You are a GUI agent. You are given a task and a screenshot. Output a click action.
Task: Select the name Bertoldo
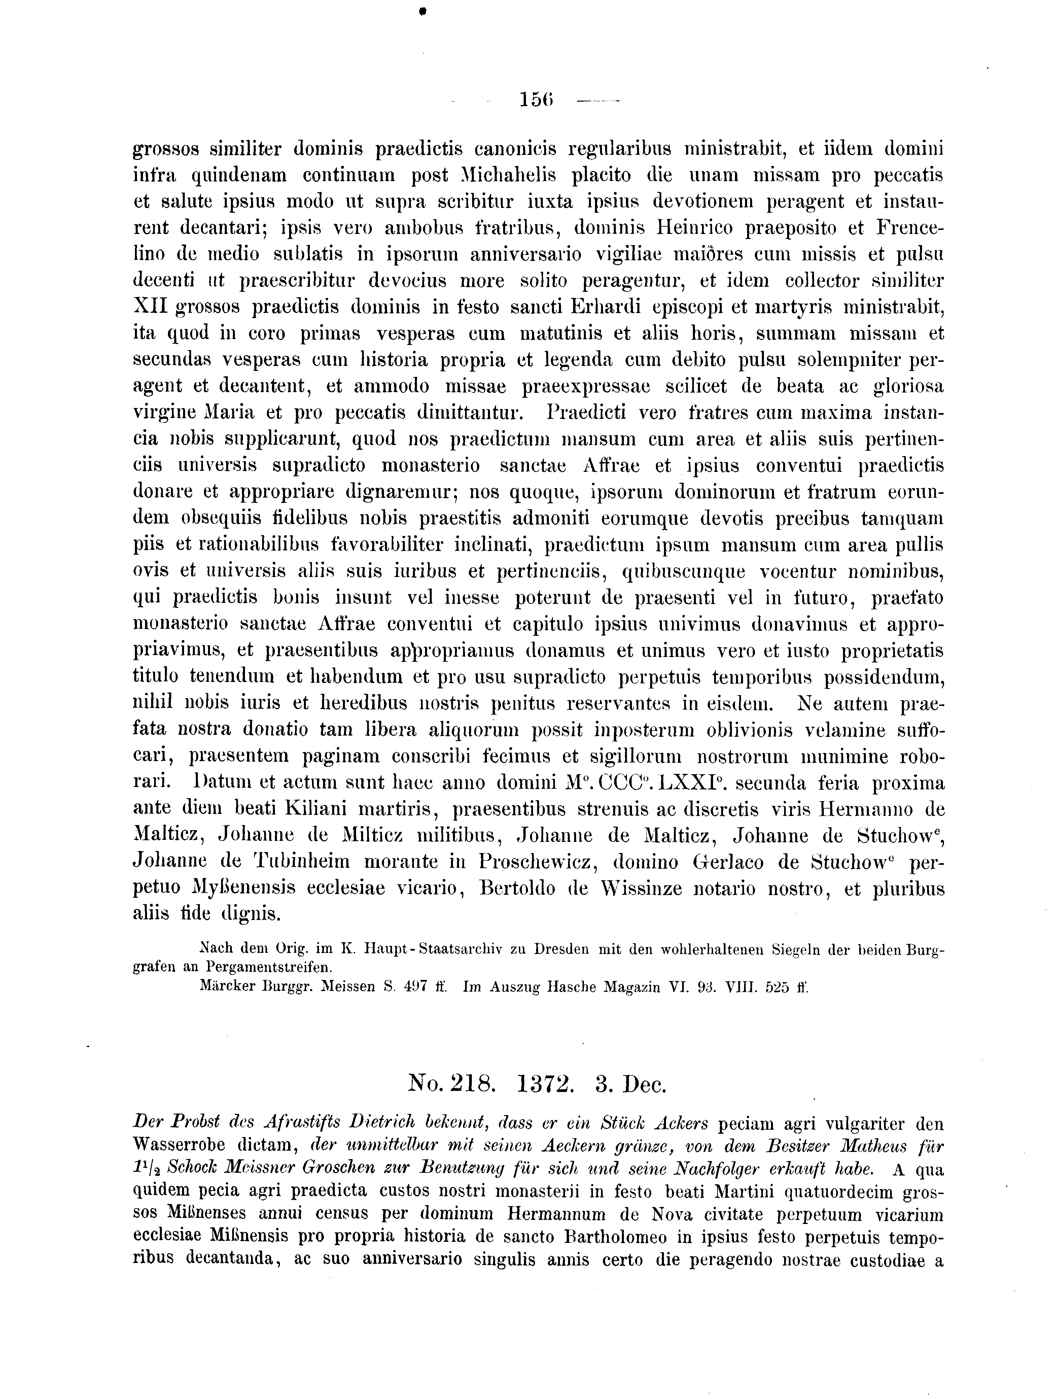pos(516,889)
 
